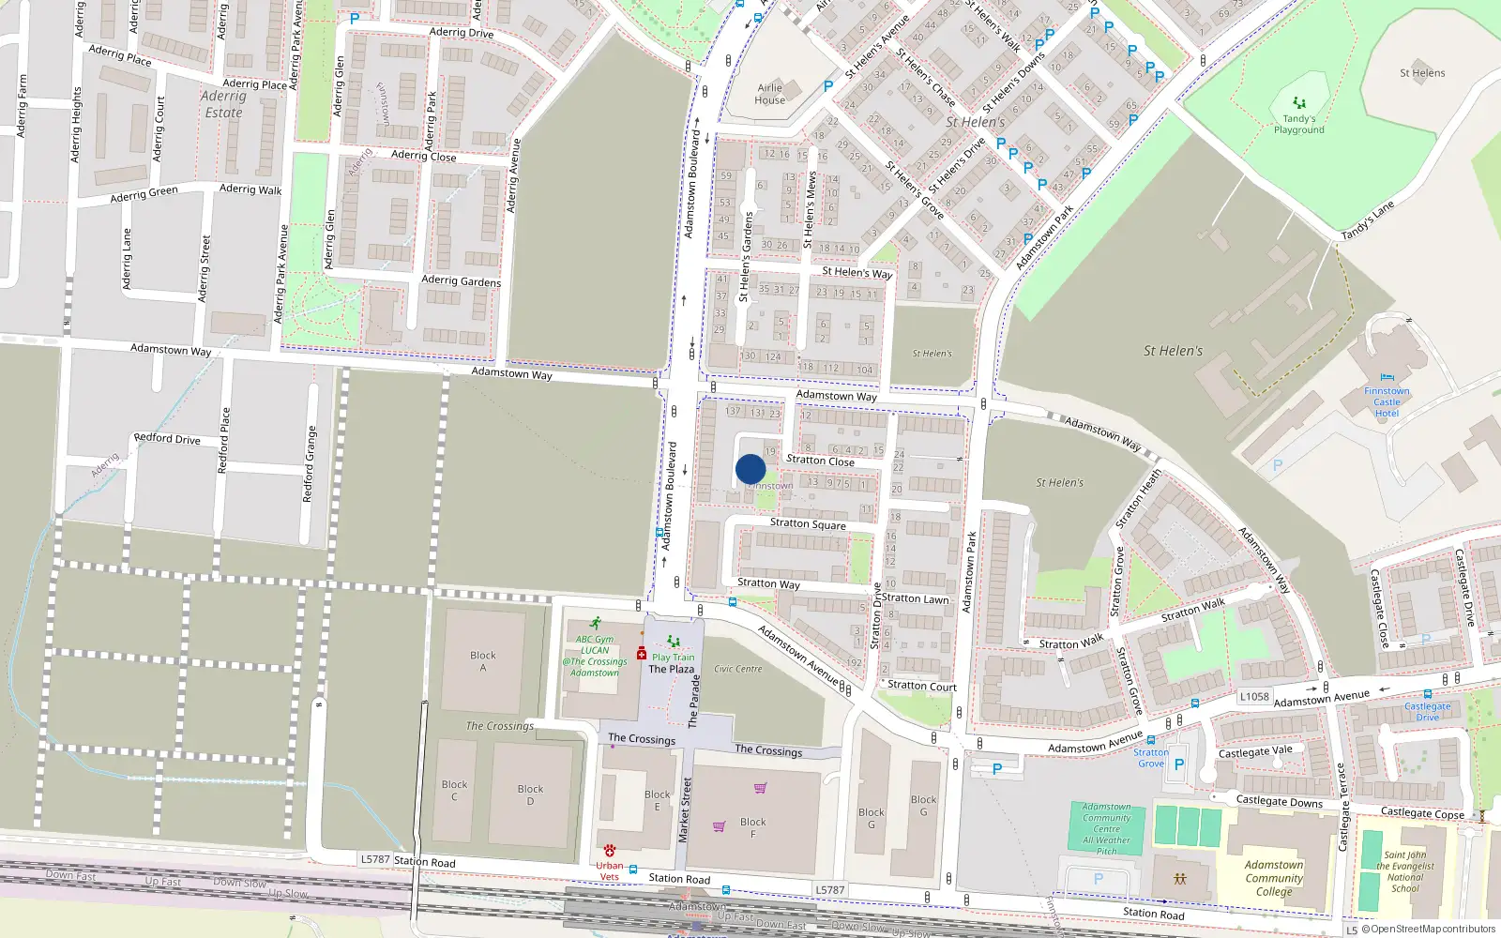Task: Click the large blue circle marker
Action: [750, 469]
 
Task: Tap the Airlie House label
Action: [769, 94]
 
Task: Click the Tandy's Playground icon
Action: [1299, 102]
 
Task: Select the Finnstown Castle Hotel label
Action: [1387, 402]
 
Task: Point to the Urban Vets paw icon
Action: [610, 851]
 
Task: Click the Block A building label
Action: [483, 661]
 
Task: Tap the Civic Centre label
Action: [738, 669]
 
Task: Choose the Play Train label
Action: [673, 658]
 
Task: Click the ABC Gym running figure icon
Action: [595, 623]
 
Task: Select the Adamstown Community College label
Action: [1274, 878]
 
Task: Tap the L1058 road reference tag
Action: [1253, 696]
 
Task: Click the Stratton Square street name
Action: [808, 523]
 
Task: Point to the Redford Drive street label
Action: [167, 438]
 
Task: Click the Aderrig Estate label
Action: [223, 104]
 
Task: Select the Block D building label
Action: [530, 794]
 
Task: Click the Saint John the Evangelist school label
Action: [1405, 871]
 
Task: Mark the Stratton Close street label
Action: [820, 460]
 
